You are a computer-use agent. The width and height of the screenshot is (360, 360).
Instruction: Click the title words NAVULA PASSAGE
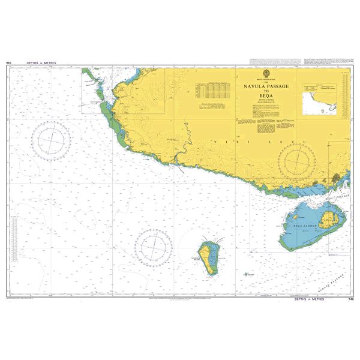point(266,87)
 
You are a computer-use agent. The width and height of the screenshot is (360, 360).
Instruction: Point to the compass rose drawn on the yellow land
point(298,161)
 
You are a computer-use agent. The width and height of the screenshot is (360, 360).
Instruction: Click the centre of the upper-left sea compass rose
point(52,140)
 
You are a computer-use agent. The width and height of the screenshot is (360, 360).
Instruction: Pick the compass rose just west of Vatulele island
point(153,247)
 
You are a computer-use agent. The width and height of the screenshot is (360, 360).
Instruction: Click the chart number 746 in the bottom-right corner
point(350,299)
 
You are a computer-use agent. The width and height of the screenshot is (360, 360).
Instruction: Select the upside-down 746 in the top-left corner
point(9,62)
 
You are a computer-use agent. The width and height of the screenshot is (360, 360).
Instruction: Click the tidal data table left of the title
point(213,90)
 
